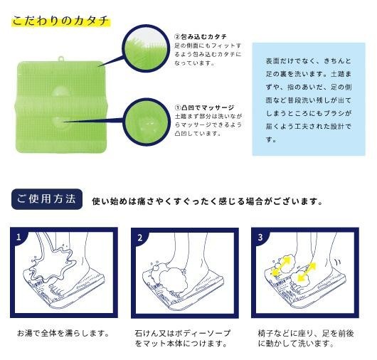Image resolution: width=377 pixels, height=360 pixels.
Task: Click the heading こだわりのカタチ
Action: [x=60, y=21]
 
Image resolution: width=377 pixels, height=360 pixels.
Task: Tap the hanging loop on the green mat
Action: [x=61, y=58]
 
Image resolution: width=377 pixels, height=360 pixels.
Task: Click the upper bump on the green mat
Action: [x=60, y=92]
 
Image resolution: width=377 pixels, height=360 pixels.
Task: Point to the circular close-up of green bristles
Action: [x=145, y=48]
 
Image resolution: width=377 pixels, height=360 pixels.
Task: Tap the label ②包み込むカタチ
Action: [x=201, y=36]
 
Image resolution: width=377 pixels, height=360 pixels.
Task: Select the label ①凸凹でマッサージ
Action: [x=204, y=107]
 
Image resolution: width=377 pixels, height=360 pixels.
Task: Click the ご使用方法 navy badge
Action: [x=47, y=199]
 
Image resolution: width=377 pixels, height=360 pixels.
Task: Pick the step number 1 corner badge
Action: [x=18, y=238]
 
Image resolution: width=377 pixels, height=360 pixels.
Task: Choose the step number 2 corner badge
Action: [x=140, y=238]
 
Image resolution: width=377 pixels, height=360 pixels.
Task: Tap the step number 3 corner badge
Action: [x=260, y=238]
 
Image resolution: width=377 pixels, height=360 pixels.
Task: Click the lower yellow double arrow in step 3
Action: [x=307, y=272]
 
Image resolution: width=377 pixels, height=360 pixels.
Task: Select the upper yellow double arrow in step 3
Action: [x=281, y=267]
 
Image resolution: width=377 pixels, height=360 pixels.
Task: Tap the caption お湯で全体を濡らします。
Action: [x=63, y=333]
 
